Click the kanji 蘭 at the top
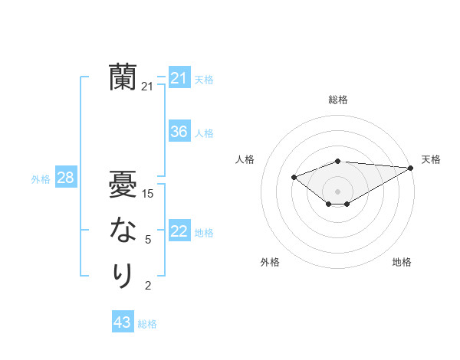coord(123,77)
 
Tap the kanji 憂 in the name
coord(123,184)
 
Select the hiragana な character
coord(123,229)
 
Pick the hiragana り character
coord(123,275)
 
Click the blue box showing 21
coord(179,78)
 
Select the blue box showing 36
coord(179,132)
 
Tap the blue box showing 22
coord(179,231)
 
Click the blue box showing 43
coord(122,322)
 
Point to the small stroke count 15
coord(148,194)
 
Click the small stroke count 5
coord(148,240)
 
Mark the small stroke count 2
coord(148,286)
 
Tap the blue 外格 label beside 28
coord(41,179)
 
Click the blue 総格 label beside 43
coord(147,324)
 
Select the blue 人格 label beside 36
coord(204,133)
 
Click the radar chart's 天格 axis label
coord(431,159)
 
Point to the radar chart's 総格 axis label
coord(337,100)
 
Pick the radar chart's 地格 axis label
coord(402,262)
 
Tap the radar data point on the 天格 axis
coord(411,168)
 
